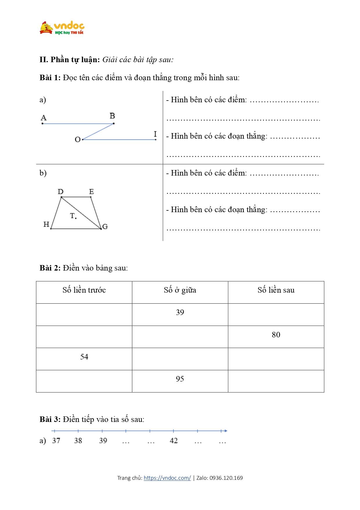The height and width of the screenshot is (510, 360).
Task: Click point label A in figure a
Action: [x=44, y=118]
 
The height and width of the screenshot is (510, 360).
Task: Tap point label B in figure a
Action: [x=112, y=116]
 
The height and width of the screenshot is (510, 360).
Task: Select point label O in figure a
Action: [x=78, y=140]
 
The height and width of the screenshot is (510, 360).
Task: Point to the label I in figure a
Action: [x=155, y=134]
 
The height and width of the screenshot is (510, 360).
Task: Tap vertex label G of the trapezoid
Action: [x=105, y=227]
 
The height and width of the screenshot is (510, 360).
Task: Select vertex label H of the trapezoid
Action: [x=46, y=224]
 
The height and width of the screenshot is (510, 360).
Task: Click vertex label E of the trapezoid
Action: [x=91, y=192]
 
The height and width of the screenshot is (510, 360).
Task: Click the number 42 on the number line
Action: [x=174, y=441]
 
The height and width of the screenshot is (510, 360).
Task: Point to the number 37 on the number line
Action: [x=56, y=441]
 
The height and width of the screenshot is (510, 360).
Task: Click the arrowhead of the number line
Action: [x=226, y=431]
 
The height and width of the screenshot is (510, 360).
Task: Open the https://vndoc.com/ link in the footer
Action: [x=167, y=478]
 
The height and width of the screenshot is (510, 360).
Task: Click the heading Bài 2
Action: [x=50, y=268]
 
